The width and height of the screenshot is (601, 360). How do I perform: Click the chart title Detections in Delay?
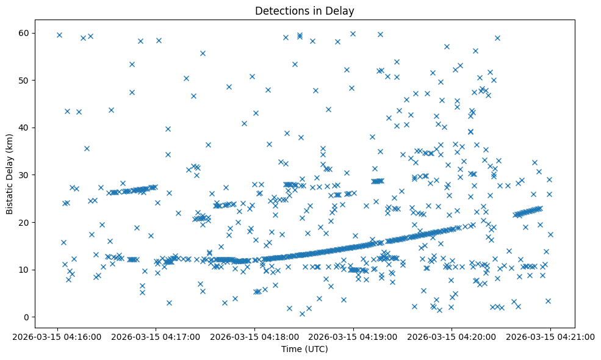304,10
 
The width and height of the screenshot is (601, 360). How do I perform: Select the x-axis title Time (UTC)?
304,349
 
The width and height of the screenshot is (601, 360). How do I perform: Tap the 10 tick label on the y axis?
25,270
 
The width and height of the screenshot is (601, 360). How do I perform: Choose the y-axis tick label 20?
25,222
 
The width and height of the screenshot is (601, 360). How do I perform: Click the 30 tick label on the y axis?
25,175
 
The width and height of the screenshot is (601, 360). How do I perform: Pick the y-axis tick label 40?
25,128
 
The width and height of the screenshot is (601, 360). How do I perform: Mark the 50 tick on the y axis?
25,80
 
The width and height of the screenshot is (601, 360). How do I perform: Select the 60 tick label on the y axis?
25,33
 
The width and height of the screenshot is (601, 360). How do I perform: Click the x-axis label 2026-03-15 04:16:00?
59,336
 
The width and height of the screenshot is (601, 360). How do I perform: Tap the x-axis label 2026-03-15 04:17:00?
157,336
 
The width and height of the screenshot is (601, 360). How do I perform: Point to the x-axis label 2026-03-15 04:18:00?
255,336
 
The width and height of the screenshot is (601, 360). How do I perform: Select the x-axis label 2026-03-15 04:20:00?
452,336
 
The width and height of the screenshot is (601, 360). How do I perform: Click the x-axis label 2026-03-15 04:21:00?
550,336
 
